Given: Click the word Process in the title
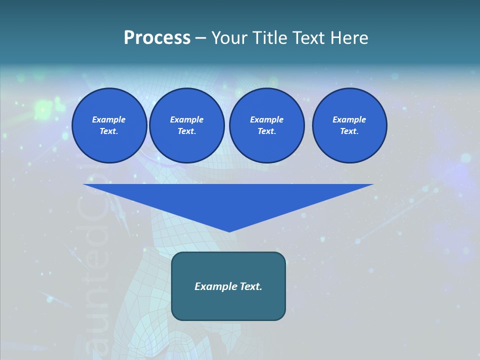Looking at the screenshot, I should (157, 38).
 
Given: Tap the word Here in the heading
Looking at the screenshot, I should (350, 38).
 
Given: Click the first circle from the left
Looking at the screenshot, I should (109, 125).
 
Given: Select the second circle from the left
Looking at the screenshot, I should (187, 125).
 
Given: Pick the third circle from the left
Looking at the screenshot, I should (267, 125).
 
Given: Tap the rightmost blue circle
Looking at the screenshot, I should (349, 125).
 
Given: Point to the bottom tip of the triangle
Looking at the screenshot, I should (229, 231).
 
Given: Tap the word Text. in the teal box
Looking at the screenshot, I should (250, 286).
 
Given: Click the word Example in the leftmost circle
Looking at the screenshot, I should (109, 119).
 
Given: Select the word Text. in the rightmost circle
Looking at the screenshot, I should (349, 131).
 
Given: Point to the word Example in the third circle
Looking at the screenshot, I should (267, 119).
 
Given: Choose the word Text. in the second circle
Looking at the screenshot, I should (187, 131).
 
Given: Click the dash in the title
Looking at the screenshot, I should (201, 38).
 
